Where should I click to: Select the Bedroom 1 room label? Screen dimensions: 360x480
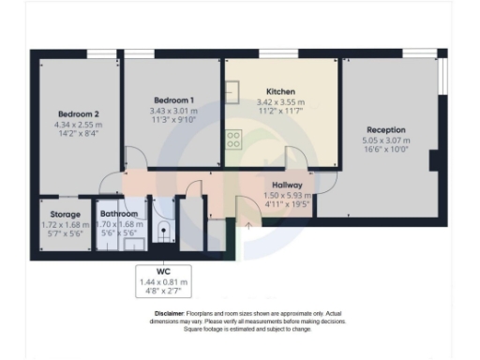click(173, 100)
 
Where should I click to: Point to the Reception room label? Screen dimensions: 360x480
click(386, 130)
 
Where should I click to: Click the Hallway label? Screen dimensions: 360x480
click(285, 186)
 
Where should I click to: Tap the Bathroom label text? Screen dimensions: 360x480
click(120, 215)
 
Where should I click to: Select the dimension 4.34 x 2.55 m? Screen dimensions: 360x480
click(76, 125)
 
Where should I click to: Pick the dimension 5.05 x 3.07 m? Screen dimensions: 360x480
click(387, 142)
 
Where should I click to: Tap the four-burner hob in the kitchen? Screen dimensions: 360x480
click(233, 140)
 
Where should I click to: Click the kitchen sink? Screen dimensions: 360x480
click(232, 92)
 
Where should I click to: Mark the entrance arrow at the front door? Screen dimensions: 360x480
click(248, 225)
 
